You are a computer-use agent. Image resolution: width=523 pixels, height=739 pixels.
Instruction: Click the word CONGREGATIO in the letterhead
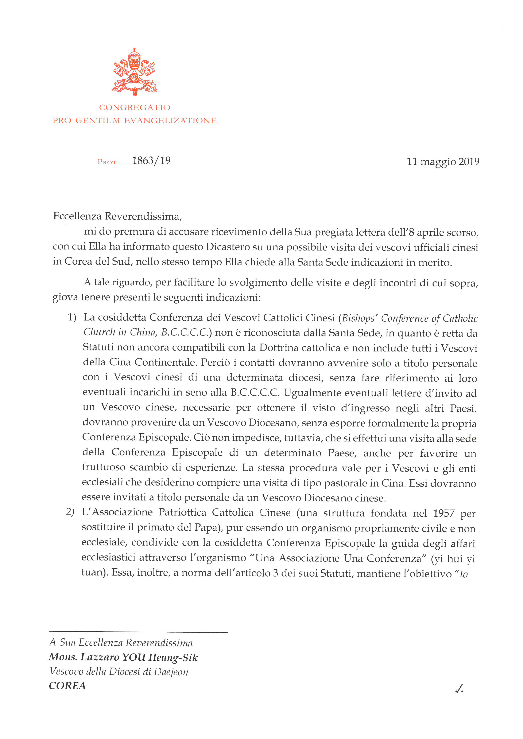(135, 107)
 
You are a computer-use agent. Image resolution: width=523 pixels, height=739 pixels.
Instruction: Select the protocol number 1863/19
(151, 160)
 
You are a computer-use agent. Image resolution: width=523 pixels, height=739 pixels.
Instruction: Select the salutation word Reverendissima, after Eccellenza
(143, 216)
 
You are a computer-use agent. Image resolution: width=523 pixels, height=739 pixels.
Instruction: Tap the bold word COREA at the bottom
(67, 686)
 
